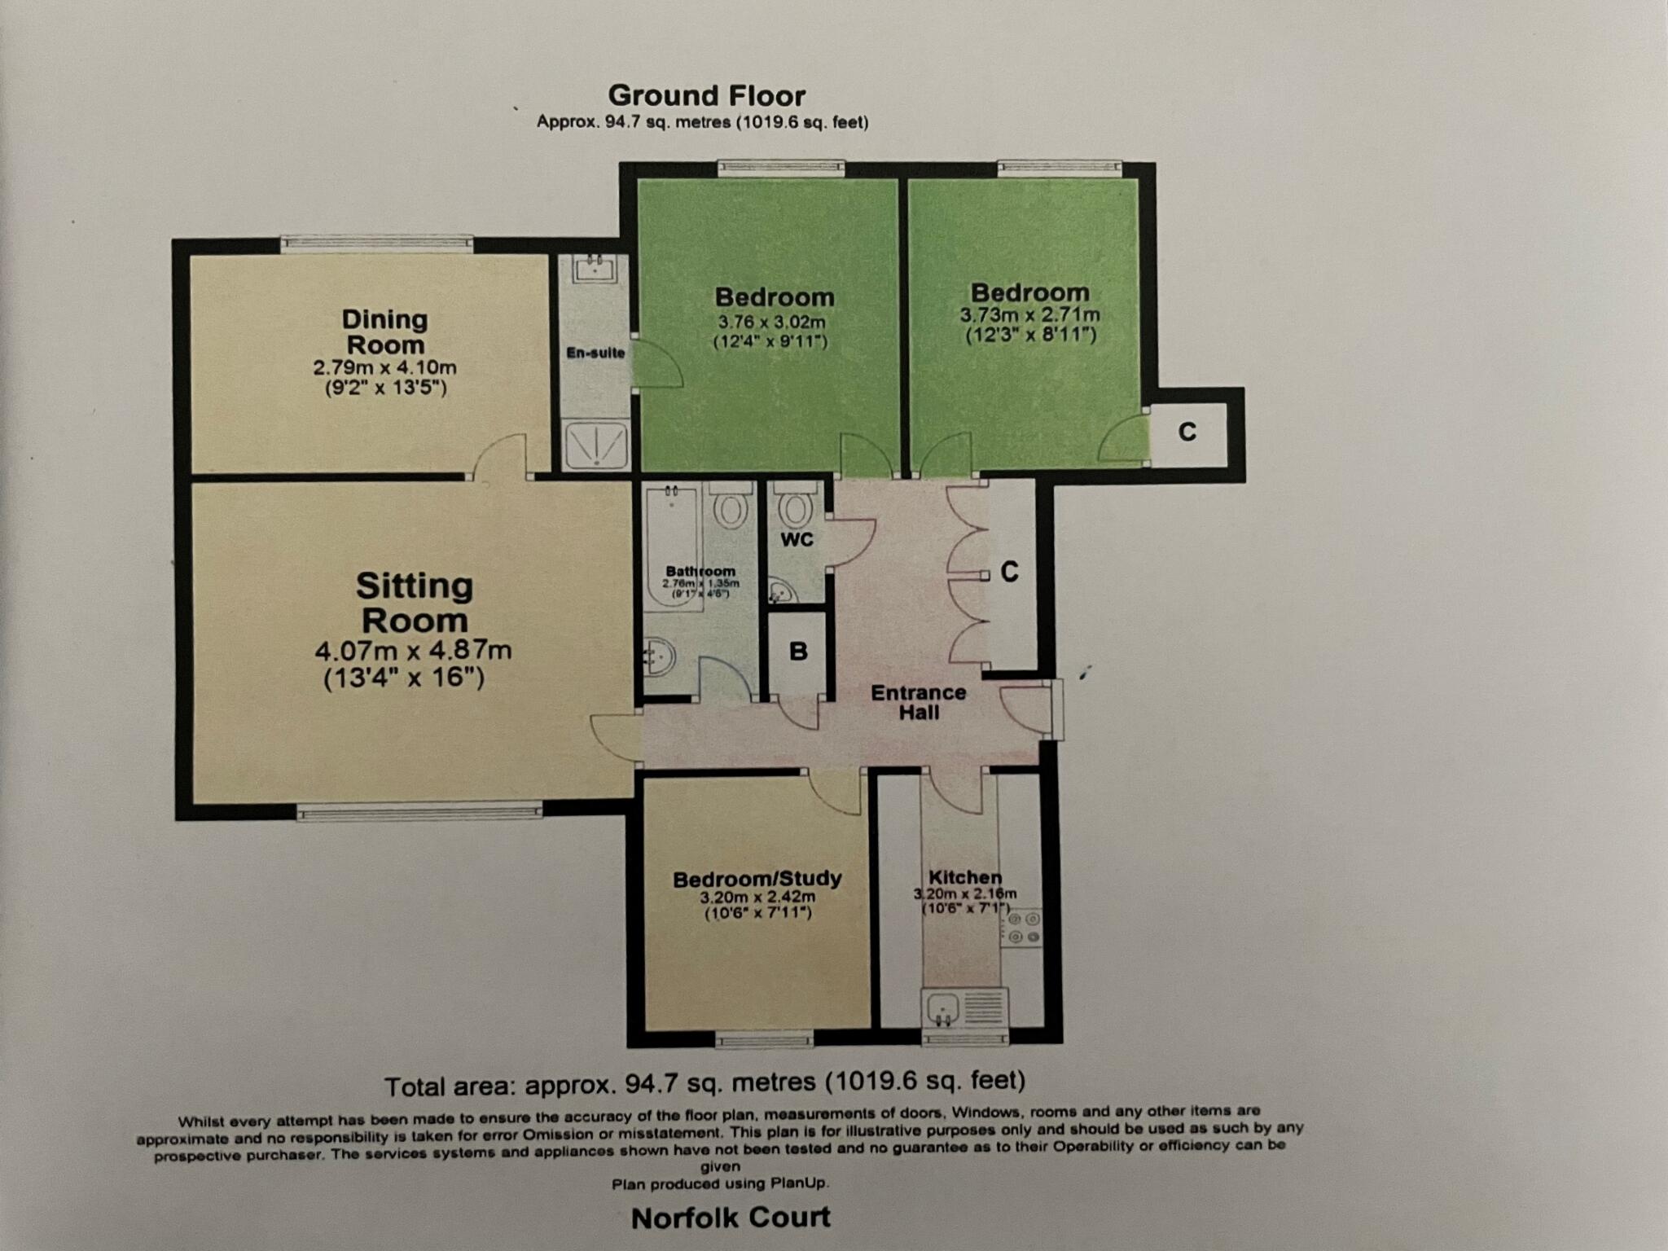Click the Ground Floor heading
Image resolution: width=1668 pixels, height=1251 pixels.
click(706, 96)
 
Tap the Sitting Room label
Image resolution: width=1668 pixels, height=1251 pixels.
click(415, 604)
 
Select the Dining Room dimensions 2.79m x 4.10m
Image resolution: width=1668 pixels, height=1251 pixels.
click(384, 368)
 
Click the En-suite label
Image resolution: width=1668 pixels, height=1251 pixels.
click(595, 353)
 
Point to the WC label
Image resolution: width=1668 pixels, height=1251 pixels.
click(797, 540)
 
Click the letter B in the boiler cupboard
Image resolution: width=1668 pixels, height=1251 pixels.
click(798, 652)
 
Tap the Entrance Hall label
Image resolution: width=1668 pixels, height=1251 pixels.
click(918, 702)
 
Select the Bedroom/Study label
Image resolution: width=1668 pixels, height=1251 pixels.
click(757, 879)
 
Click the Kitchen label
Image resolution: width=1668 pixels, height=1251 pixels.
click(965, 877)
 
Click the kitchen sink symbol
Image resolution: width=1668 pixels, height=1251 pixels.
click(945, 1008)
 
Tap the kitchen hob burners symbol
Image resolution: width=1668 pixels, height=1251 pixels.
click(1023, 928)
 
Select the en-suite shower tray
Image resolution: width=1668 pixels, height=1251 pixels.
click(596, 445)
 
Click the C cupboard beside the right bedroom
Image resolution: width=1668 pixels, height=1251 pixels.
click(1187, 432)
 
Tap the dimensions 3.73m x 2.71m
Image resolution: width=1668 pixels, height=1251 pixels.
click(1030, 314)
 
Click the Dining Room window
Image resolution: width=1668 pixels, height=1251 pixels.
click(376, 243)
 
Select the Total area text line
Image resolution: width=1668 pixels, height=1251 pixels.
click(705, 1084)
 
